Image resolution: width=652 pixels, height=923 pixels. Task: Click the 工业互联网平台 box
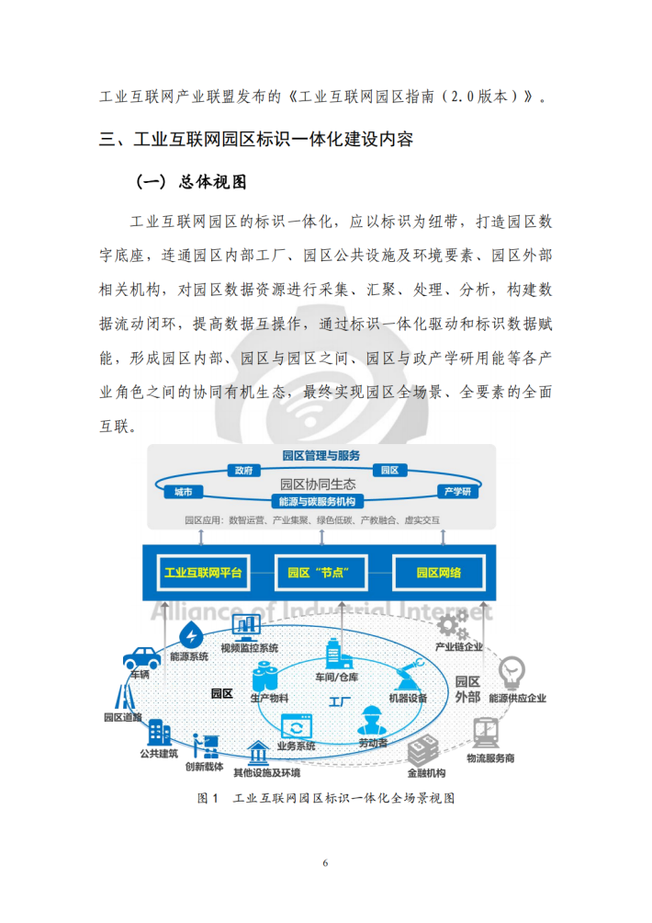(x=203, y=573)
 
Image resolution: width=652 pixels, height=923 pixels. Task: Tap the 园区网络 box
(x=438, y=573)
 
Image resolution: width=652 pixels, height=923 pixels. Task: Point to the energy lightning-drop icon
(x=192, y=635)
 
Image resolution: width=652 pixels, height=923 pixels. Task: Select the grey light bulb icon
(x=511, y=672)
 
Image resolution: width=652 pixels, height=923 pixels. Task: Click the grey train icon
(x=487, y=733)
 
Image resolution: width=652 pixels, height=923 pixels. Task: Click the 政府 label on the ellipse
(x=242, y=470)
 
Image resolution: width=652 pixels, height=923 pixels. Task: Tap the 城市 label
(x=183, y=493)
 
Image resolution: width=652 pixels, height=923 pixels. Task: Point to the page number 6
(x=325, y=862)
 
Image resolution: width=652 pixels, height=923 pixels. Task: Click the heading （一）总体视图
(x=192, y=182)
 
